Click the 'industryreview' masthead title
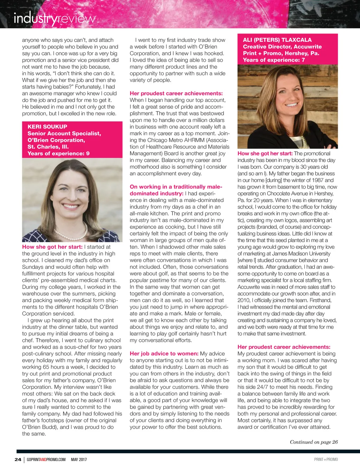click(x=54, y=19)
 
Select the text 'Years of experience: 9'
click(x=58, y=153)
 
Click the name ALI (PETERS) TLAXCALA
click(x=277, y=40)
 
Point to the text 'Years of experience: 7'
click(x=274, y=60)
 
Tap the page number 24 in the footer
click(x=18, y=459)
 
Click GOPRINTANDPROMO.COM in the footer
click(x=46, y=459)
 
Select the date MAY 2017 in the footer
click(x=79, y=459)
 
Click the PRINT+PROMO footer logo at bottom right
click(x=326, y=459)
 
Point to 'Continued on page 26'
click(x=314, y=442)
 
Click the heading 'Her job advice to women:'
click(x=164, y=354)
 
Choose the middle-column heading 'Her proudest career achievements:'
click(x=176, y=93)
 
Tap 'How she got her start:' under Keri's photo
click(x=52, y=247)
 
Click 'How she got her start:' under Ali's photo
click(x=265, y=153)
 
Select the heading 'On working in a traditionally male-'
click(x=176, y=187)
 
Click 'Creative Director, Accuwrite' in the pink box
click(x=282, y=46)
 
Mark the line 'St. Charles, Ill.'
click(x=48, y=147)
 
